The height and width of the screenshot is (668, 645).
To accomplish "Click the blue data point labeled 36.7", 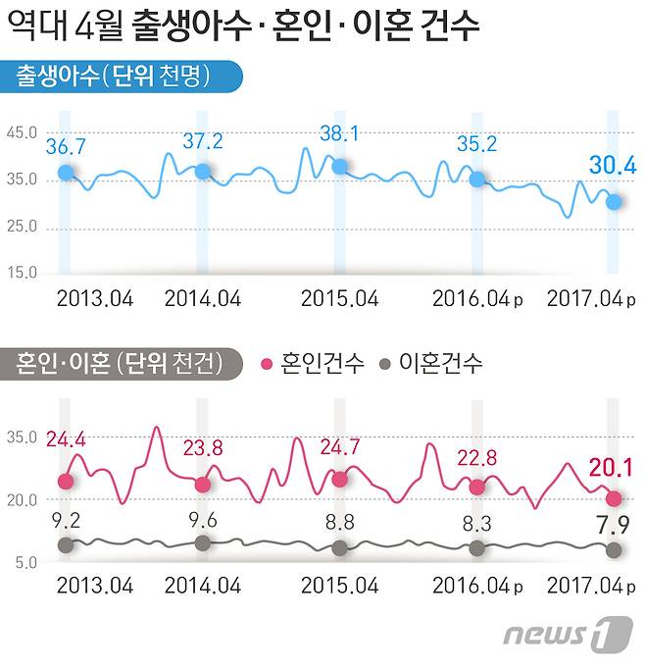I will pyautogui.click(x=66, y=173).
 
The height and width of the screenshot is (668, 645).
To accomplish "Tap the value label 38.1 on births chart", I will pyautogui.click(x=339, y=134).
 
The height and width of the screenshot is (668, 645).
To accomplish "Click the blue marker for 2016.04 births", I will pyautogui.click(x=476, y=179).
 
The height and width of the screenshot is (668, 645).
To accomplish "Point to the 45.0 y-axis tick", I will pyautogui.click(x=23, y=133).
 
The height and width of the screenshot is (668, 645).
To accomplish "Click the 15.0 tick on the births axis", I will pyautogui.click(x=23, y=273).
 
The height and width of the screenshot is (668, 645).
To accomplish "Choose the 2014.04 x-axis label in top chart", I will pyautogui.click(x=203, y=298).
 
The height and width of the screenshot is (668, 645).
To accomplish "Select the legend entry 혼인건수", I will pyautogui.click(x=315, y=364).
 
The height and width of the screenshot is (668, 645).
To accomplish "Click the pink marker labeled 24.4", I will pyautogui.click(x=66, y=481).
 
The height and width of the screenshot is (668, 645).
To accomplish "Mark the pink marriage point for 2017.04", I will pyautogui.click(x=614, y=498).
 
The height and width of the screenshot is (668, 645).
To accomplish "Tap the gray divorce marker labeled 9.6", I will pyautogui.click(x=203, y=542).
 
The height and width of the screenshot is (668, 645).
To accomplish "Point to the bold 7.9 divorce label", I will pyautogui.click(x=613, y=531).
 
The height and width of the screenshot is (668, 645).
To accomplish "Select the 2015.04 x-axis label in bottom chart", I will pyautogui.click(x=339, y=586).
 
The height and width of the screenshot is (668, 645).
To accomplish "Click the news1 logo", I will pyautogui.click(x=568, y=635).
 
